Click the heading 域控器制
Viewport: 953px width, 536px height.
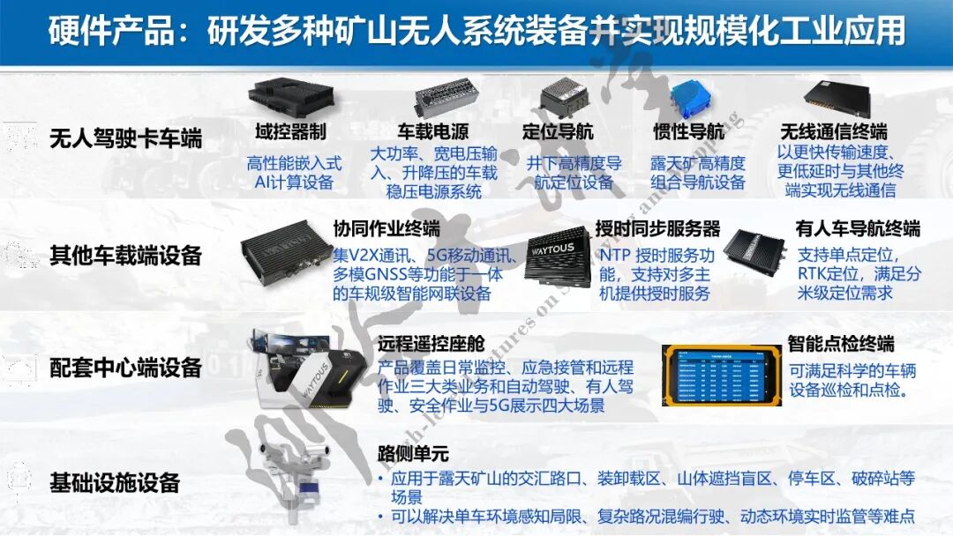(291, 132)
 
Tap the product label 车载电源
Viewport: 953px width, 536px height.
(432, 132)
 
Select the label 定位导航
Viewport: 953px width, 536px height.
(558, 132)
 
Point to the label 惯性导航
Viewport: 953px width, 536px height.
(688, 132)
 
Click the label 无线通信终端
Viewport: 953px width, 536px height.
(833, 132)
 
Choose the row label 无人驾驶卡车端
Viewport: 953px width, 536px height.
(126, 138)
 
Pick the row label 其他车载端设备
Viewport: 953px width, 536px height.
(126, 256)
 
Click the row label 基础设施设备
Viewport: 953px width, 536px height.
(115, 482)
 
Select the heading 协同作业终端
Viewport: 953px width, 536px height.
(386, 229)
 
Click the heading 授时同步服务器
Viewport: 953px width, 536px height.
(657, 229)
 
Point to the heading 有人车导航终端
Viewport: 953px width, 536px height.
(858, 229)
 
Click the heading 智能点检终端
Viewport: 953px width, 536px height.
(841, 343)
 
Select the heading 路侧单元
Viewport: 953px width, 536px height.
(413, 455)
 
